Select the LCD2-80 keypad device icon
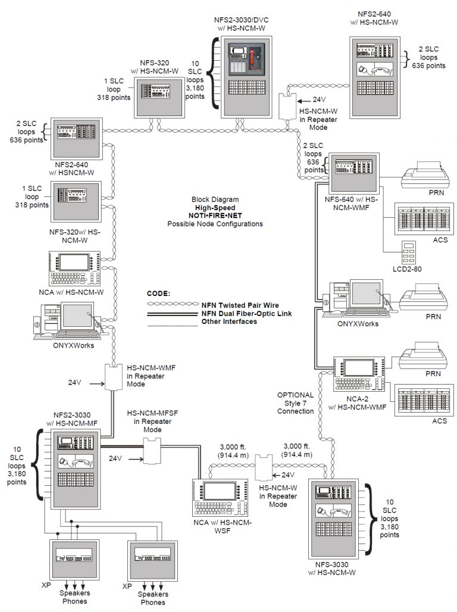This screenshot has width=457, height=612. point(409,251)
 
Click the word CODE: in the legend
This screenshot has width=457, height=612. point(158,293)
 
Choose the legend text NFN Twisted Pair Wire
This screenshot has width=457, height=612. point(239,305)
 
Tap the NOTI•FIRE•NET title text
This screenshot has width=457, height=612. point(215,216)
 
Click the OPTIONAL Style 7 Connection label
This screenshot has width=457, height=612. point(295,403)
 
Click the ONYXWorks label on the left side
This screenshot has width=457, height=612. point(74,345)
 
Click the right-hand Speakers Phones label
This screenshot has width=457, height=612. point(153,598)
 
